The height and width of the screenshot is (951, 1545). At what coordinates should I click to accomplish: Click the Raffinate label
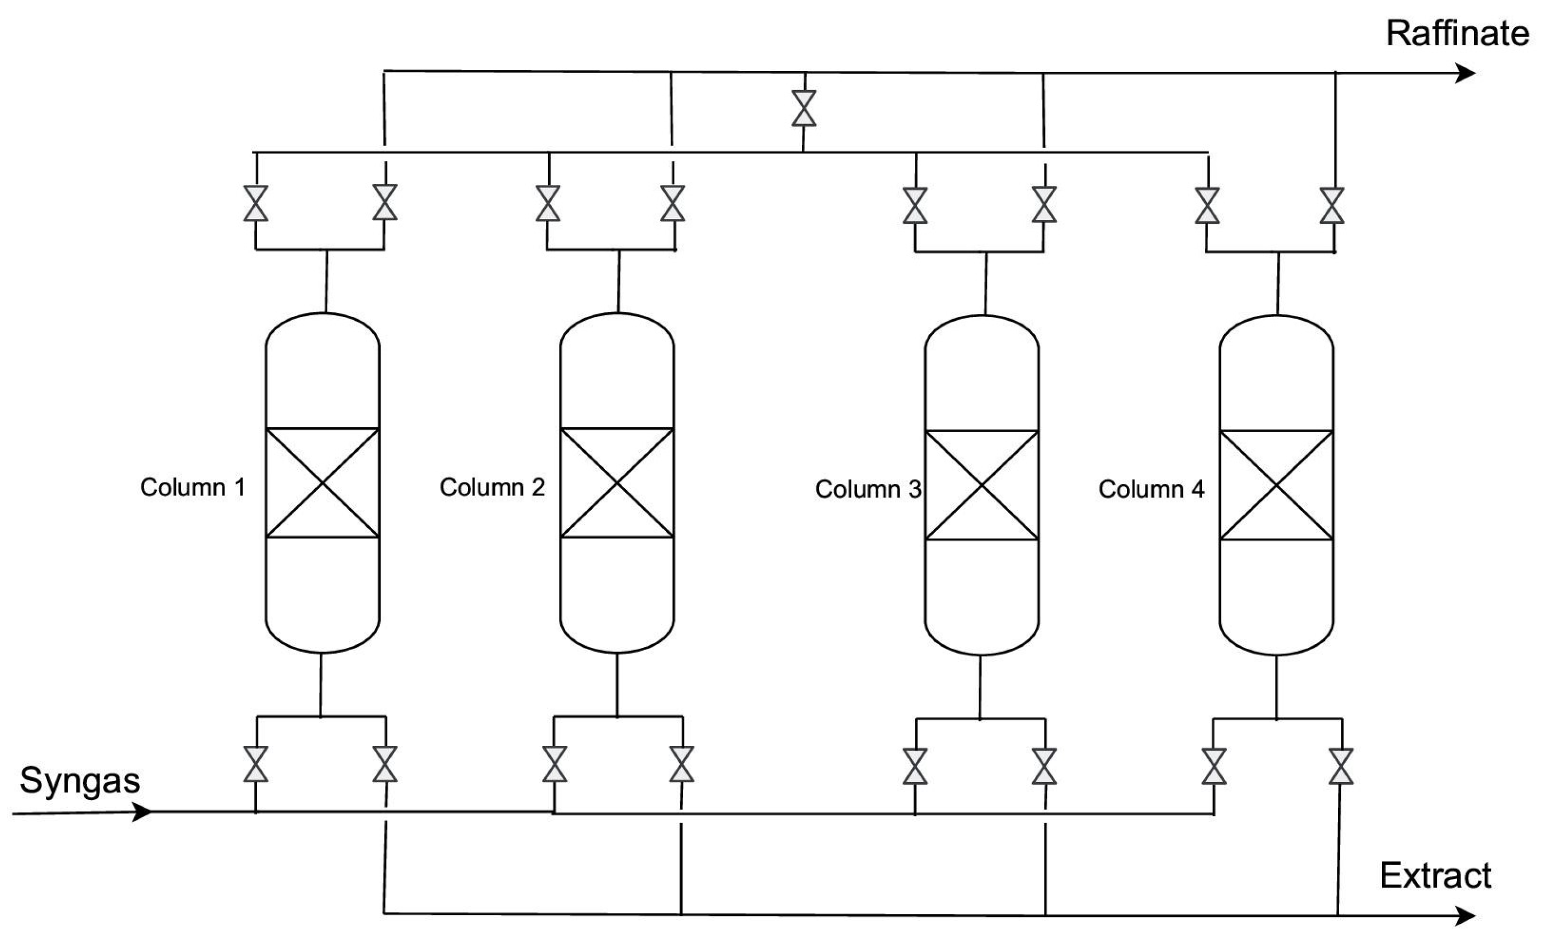pos(1457,34)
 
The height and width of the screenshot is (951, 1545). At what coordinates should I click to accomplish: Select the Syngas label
pos(80,781)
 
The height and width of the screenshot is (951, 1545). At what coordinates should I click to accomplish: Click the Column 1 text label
pos(192,487)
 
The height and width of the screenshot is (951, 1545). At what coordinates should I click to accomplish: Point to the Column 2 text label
pos(492,487)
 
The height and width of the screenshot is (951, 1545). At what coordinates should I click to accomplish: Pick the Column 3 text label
pos(868,489)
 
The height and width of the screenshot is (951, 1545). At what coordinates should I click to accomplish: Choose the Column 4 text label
pos(1151,489)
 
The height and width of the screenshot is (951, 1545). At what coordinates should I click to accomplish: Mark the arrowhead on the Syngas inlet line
pos(142,812)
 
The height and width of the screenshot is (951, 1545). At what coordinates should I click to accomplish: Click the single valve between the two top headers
pos(803,108)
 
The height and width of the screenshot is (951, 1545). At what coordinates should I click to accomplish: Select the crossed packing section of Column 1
pos(322,483)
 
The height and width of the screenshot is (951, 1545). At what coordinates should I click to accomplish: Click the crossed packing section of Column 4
pos(1276,485)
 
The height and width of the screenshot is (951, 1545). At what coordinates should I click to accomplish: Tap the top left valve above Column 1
pos(255,203)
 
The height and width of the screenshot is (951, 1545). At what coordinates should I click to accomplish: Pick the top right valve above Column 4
pos(1332,206)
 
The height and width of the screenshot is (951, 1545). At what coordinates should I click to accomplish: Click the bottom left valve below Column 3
pos(914,766)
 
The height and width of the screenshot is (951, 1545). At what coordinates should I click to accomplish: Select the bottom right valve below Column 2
pos(681,764)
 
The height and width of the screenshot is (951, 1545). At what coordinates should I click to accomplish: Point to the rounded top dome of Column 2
pos(617,330)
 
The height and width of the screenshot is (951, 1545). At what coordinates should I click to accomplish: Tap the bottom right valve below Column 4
pos(1340,766)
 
